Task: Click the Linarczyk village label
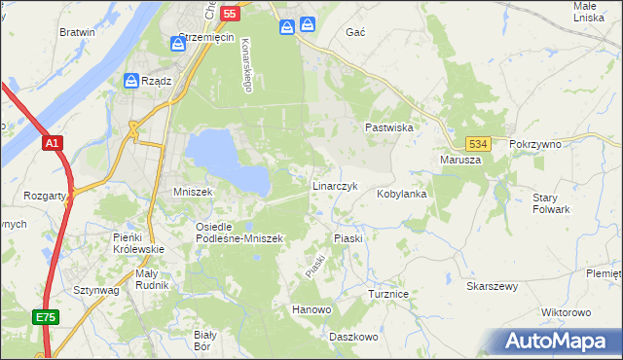pos(336,185)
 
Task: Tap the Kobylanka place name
pos(403,194)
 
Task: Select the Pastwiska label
pos(390,127)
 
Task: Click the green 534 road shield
pos(476,143)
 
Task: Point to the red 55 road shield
pos(230,14)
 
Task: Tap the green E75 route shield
pos(45,317)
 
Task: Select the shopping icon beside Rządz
pos(131,81)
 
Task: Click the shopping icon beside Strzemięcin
pos(178,43)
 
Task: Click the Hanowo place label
pos(312,309)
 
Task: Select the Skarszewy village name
pos(493,287)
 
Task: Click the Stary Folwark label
pos(551,203)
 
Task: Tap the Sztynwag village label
pos(96,290)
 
